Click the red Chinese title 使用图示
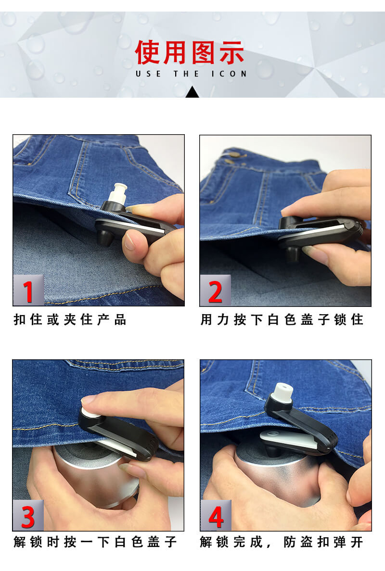(x=190, y=52)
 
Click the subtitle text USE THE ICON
(x=191, y=74)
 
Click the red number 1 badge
(x=28, y=291)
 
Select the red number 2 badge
(x=215, y=291)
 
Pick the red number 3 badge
(x=28, y=516)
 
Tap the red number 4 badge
(x=216, y=516)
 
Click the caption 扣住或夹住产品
(x=70, y=319)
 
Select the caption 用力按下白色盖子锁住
(x=282, y=319)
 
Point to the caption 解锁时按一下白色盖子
(x=95, y=542)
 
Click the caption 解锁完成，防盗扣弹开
(x=282, y=542)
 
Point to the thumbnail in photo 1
(x=129, y=242)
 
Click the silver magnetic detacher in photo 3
(x=95, y=473)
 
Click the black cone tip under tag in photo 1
(x=105, y=238)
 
